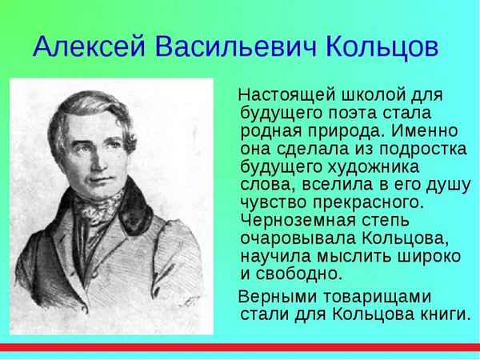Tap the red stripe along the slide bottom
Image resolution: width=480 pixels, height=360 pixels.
[x=240, y=346]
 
